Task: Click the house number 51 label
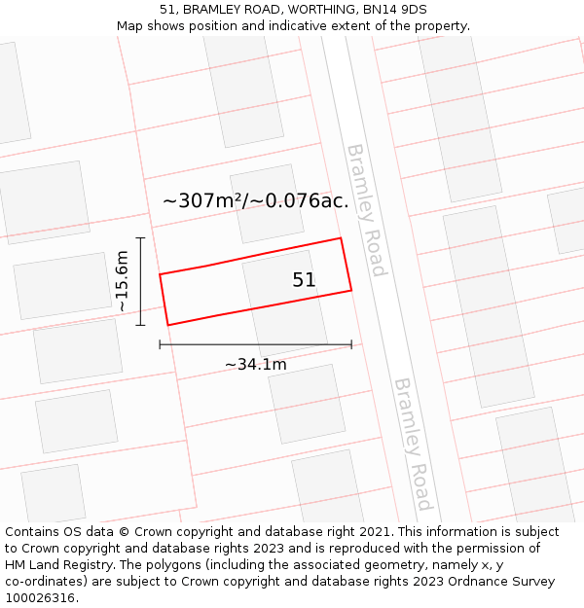pos(304,280)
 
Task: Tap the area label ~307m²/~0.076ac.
pos(255,201)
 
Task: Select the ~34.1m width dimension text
pos(256,365)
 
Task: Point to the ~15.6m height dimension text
pos(122,281)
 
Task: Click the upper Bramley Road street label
pos(366,209)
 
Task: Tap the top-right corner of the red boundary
pos(340,238)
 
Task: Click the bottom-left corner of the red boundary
pos(168,325)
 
